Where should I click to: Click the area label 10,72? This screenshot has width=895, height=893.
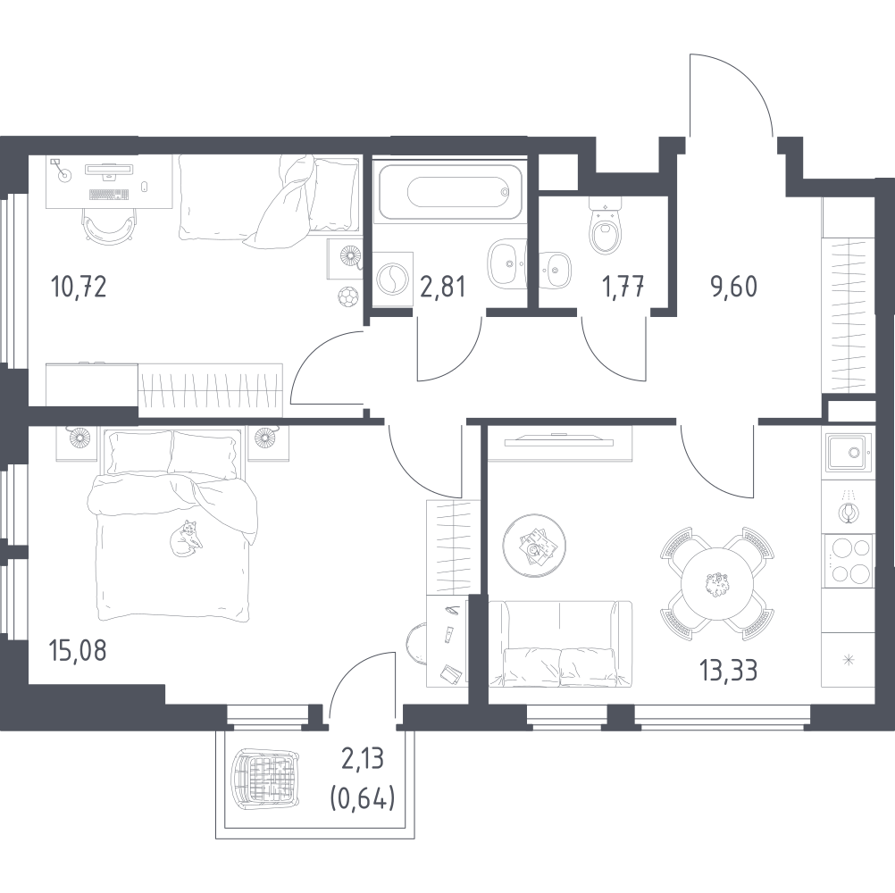click(x=79, y=287)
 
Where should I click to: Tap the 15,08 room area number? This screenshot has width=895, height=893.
click(x=79, y=650)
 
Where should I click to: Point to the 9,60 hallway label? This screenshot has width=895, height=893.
click(x=733, y=287)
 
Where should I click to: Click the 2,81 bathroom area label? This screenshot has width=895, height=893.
click(x=443, y=287)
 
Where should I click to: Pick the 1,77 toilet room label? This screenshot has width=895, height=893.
click(x=623, y=287)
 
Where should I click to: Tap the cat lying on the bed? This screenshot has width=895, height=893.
click(x=186, y=538)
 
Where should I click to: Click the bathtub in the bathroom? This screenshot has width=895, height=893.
click(x=450, y=192)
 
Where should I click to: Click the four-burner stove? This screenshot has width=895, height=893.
click(x=848, y=560)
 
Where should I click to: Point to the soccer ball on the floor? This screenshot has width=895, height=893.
click(x=347, y=296)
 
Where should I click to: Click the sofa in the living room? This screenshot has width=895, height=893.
click(x=560, y=643)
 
